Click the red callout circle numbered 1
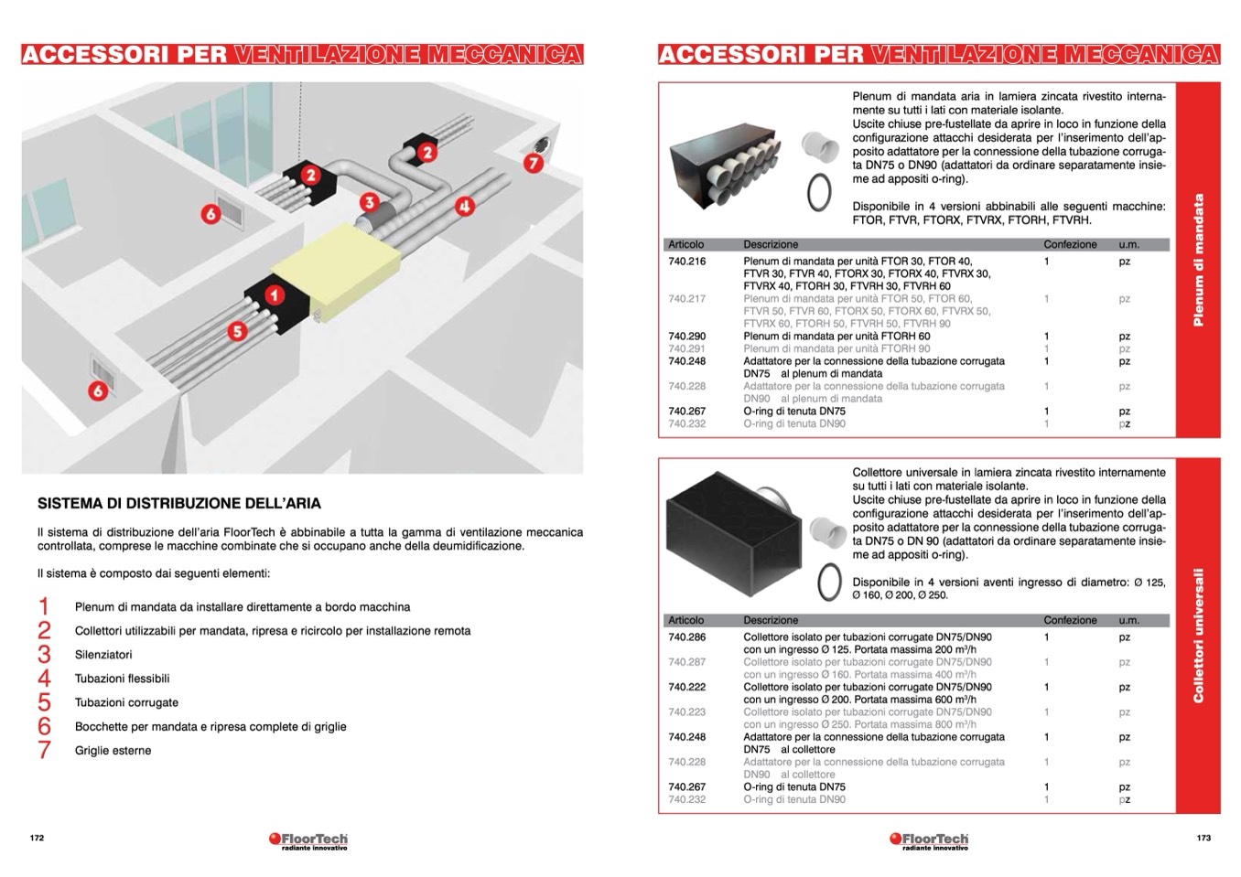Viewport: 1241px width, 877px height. tap(275, 294)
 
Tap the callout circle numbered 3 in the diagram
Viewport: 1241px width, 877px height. tap(369, 203)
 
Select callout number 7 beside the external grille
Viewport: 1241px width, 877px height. tap(533, 164)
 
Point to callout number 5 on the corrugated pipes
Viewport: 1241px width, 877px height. tap(237, 331)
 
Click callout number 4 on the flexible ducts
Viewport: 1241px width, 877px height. tap(465, 206)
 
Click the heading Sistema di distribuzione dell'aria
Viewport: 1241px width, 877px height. tap(179, 503)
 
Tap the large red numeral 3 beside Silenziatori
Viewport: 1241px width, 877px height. tap(44, 654)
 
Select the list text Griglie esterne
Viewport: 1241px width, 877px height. tap(113, 751)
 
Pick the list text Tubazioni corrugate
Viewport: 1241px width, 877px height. tap(126, 702)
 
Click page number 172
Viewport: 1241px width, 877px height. tap(37, 838)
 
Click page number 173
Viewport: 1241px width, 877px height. tap(1203, 838)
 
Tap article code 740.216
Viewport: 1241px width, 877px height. tap(687, 262)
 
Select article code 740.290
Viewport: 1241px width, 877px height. tap(687, 337)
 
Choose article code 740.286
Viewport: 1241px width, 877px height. tap(687, 637)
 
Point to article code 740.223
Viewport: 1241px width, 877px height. tap(687, 712)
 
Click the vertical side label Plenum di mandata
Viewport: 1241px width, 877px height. tap(1199, 260)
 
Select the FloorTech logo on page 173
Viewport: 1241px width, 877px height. tap(928, 840)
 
